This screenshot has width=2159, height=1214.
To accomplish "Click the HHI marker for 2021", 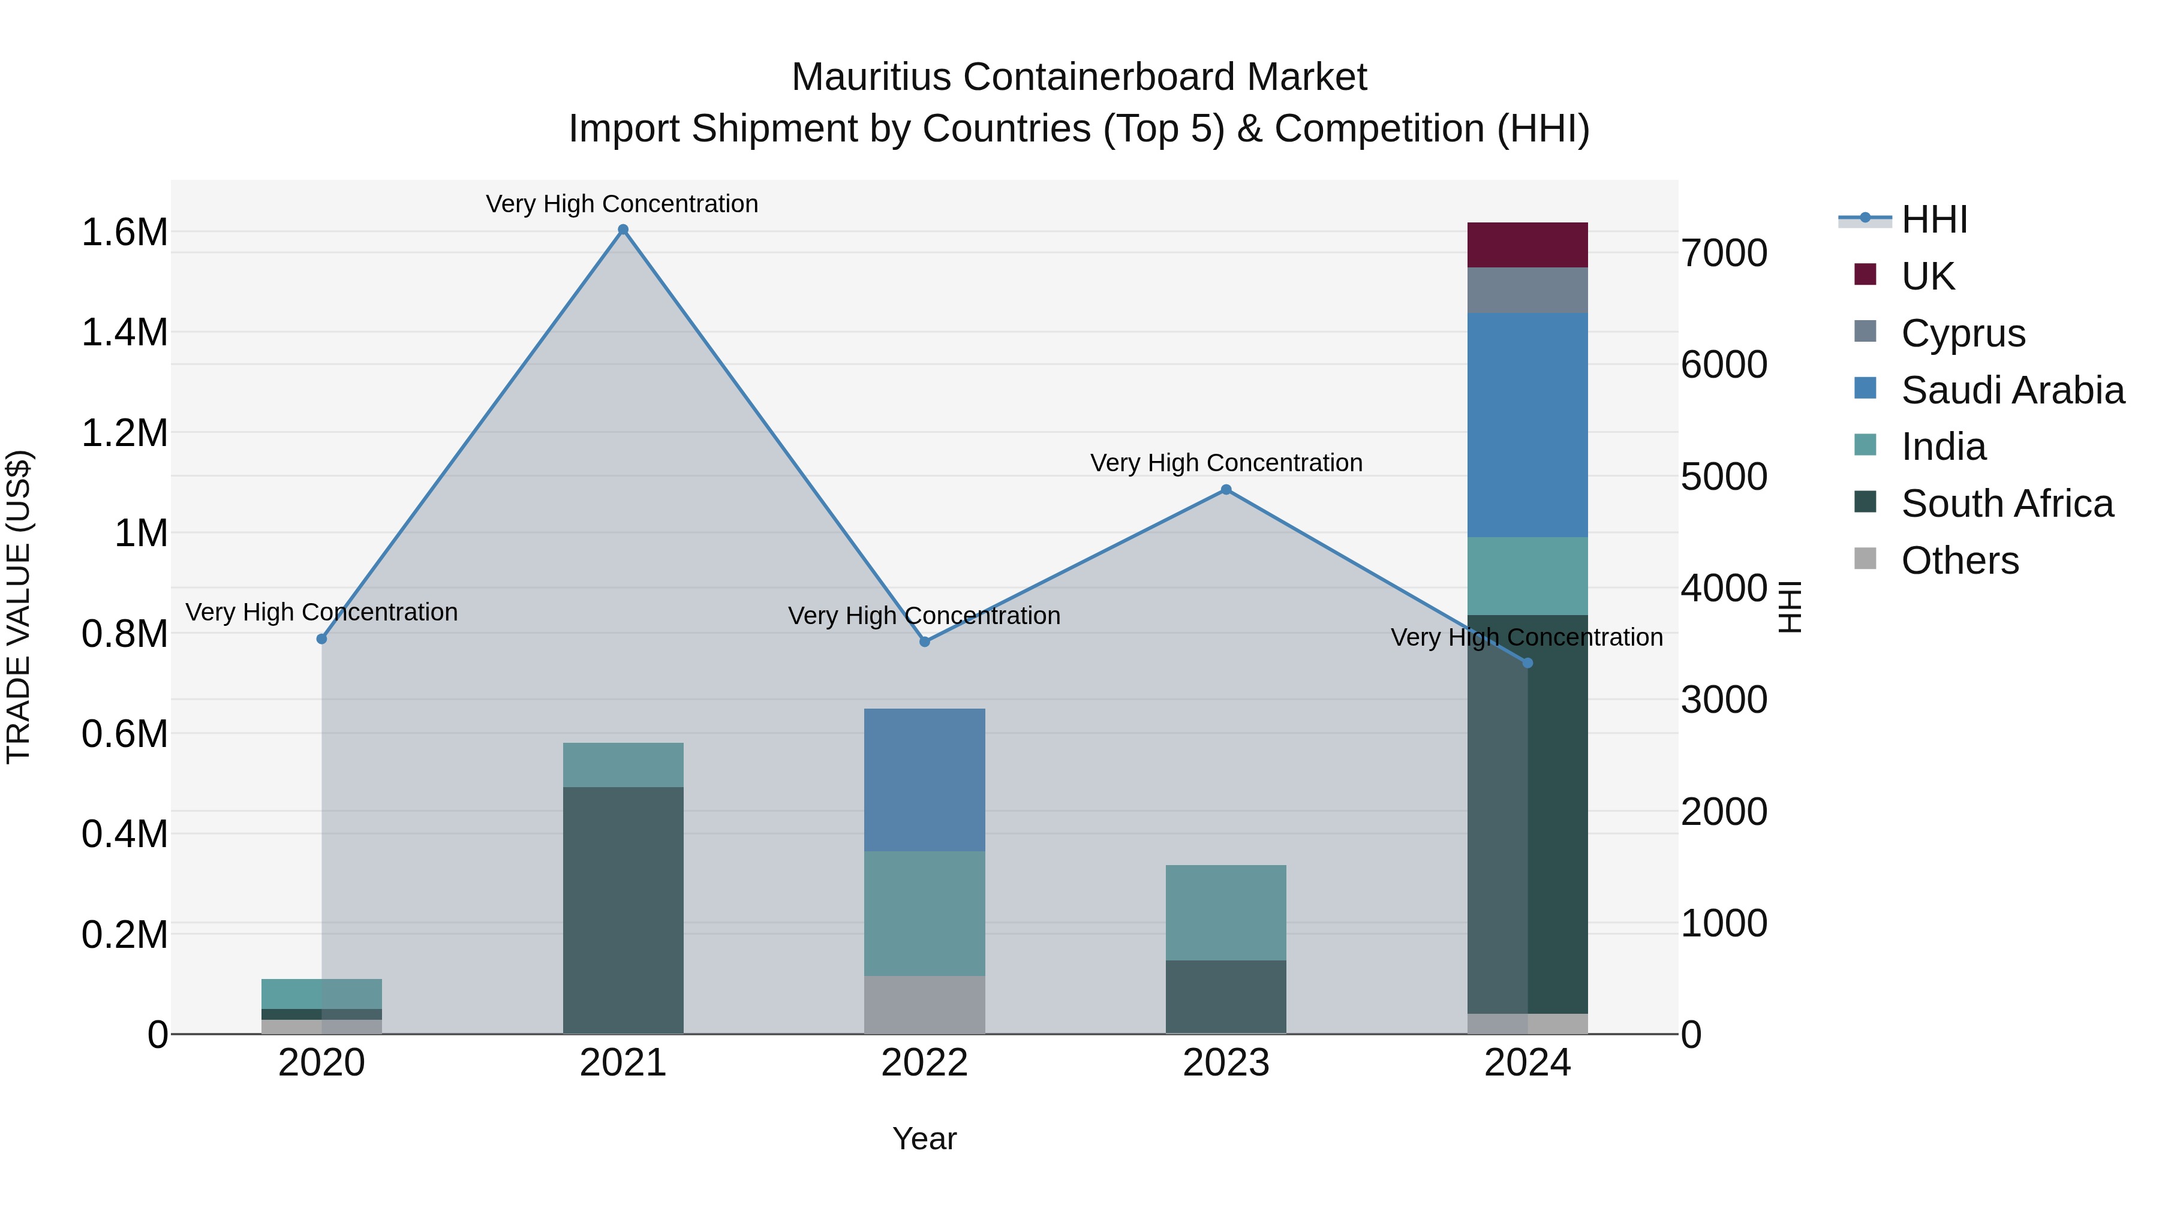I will (x=623, y=230).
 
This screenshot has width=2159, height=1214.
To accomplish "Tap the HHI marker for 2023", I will (x=1226, y=489).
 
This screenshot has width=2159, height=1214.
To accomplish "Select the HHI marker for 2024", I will (x=1527, y=662).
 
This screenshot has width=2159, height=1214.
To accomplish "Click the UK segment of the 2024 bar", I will (x=1527, y=245).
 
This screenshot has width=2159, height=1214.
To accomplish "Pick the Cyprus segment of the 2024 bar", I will (x=1527, y=290).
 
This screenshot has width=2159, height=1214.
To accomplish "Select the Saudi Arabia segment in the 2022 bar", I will (x=924, y=779).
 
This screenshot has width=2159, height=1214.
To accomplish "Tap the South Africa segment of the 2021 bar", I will (x=623, y=909).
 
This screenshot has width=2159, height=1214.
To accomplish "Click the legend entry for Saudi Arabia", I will (x=2012, y=390).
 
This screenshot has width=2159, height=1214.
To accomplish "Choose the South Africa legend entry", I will (x=2007, y=504).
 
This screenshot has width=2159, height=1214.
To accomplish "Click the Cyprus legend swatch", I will (x=1865, y=332).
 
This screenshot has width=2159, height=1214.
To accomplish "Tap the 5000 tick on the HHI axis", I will (x=1724, y=477).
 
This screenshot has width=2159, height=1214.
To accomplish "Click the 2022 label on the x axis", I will (x=924, y=1063).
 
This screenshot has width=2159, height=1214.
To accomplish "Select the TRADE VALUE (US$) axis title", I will (x=19, y=607).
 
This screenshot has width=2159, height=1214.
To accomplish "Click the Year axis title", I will (x=924, y=1138).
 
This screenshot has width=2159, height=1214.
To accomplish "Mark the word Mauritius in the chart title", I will (x=871, y=77).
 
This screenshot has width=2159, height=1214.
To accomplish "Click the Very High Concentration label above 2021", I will (x=622, y=204).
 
